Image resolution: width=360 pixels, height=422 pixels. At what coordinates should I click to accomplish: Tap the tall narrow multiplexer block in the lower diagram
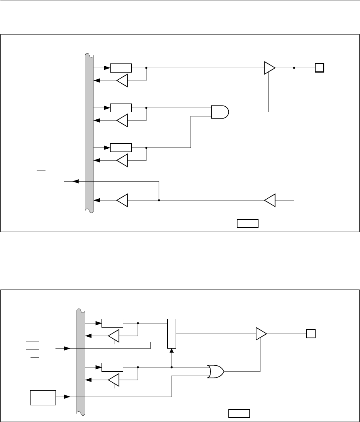pyautogui.click(x=172, y=334)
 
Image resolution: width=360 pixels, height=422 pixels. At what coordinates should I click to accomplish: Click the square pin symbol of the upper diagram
pyautogui.click(x=320, y=68)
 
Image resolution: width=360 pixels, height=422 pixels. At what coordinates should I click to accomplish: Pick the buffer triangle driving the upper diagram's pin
pyautogui.click(x=270, y=68)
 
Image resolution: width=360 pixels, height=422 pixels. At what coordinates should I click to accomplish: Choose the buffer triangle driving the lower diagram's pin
pyautogui.click(x=261, y=334)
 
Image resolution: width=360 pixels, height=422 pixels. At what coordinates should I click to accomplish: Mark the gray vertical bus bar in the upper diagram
pyautogui.click(x=89, y=133)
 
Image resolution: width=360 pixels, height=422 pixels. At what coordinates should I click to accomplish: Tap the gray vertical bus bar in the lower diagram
pyautogui.click(x=80, y=361)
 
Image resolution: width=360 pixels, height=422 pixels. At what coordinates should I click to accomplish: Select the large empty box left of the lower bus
pyautogui.click(x=43, y=397)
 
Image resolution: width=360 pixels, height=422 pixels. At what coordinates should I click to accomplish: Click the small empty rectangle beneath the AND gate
pyautogui.click(x=248, y=223)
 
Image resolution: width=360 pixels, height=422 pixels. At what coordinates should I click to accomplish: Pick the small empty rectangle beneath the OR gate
pyautogui.click(x=239, y=413)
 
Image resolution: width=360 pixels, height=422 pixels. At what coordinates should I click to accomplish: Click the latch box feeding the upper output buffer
pyautogui.click(x=121, y=68)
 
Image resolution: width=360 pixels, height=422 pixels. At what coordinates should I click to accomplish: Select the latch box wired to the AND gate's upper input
pyautogui.click(x=121, y=107)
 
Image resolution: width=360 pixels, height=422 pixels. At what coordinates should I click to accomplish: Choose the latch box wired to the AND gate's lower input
pyautogui.click(x=121, y=148)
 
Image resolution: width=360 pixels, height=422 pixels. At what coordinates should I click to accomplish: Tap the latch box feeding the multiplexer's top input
pyautogui.click(x=112, y=323)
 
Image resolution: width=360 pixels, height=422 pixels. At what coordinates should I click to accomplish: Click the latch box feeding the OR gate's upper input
pyautogui.click(x=112, y=367)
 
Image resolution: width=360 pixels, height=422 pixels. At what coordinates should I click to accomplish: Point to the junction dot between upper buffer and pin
pyautogui.click(x=294, y=68)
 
